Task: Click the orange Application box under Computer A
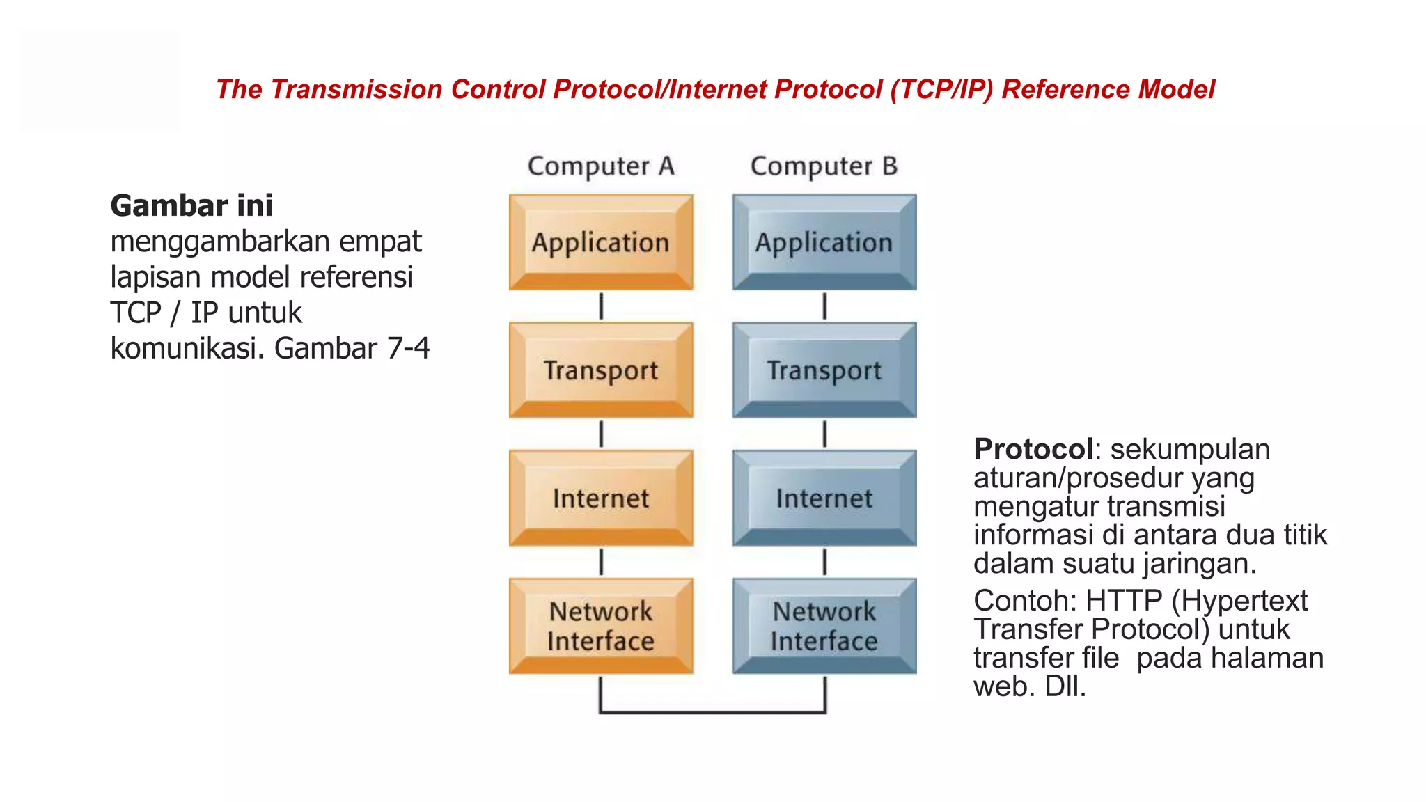pyautogui.click(x=601, y=242)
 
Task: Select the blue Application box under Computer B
pyautogui.click(x=824, y=242)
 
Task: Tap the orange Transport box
pyautogui.click(x=601, y=370)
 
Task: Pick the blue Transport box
pyautogui.click(x=824, y=370)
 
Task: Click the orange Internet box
pyautogui.click(x=601, y=498)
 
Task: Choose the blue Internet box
pyautogui.click(x=824, y=498)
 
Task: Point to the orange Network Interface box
pyautogui.click(x=601, y=626)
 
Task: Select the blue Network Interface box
pyautogui.click(x=824, y=626)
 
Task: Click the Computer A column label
pyautogui.click(x=601, y=166)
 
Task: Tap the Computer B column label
pyautogui.click(x=824, y=166)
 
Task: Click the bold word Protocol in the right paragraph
pyautogui.click(x=1033, y=449)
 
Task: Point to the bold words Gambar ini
pyautogui.click(x=191, y=205)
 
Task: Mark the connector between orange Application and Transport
pyautogui.click(x=602, y=306)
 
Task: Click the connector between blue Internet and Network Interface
pyautogui.click(x=825, y=562)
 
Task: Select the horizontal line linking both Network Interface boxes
pyautogui.click(x=713, y=712)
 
